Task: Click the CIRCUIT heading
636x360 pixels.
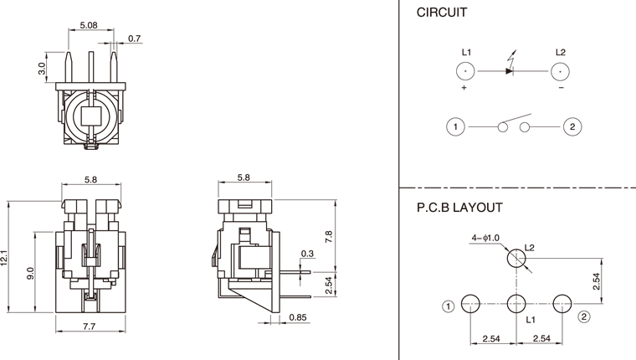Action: click(x=442, y=13)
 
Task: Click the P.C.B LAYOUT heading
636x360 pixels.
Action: click(x=459, y=207)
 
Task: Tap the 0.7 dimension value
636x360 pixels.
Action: click(x=135, y=39)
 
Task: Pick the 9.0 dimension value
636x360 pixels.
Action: click(x=30, y=272)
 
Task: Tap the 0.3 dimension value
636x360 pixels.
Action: click(x=306, y=254)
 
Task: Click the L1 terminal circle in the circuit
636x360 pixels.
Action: click(x=466, y=71)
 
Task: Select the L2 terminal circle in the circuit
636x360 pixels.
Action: click(x=560, y=71)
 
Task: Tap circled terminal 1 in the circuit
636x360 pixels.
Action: click(x=455, y=127)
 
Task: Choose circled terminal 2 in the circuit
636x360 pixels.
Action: click(x=572, y=127)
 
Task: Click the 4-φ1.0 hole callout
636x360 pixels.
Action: click(x=485, y=239)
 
